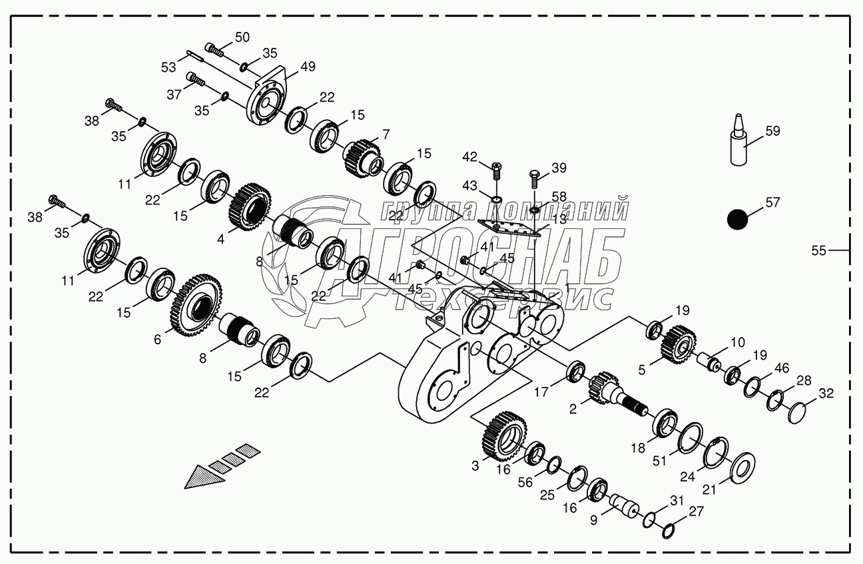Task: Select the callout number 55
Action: click(x=818, y=250)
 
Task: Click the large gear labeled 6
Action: click(x=198, y=304)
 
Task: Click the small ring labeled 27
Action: click(x=669, y=531)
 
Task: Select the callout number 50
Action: click(x=242, y=37)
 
